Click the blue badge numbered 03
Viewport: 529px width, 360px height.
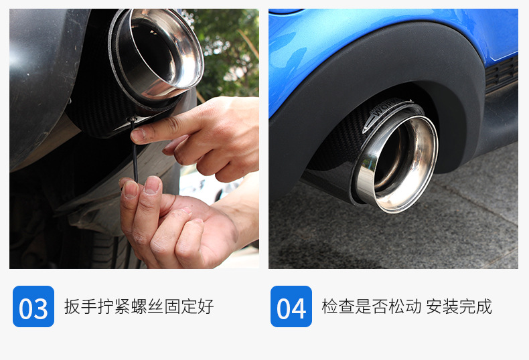click(x=33, y=306)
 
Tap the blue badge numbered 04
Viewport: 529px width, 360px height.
click(x=291, y=306)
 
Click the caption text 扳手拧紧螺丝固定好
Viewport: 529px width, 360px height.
click(x=139, y=306)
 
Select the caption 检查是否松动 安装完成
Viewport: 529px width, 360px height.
click(x=407, y=306)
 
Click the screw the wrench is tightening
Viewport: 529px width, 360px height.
click(x=133, y=118)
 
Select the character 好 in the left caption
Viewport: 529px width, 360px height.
click(x=206, y=306)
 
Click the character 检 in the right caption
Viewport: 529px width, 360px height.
click(x=330, y=306)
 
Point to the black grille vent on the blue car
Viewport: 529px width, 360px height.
click(x=502, y=75)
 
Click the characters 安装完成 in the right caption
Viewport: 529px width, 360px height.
click(x=459, y=306)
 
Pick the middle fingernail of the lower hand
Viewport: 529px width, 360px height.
click(x=152, y=185)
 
